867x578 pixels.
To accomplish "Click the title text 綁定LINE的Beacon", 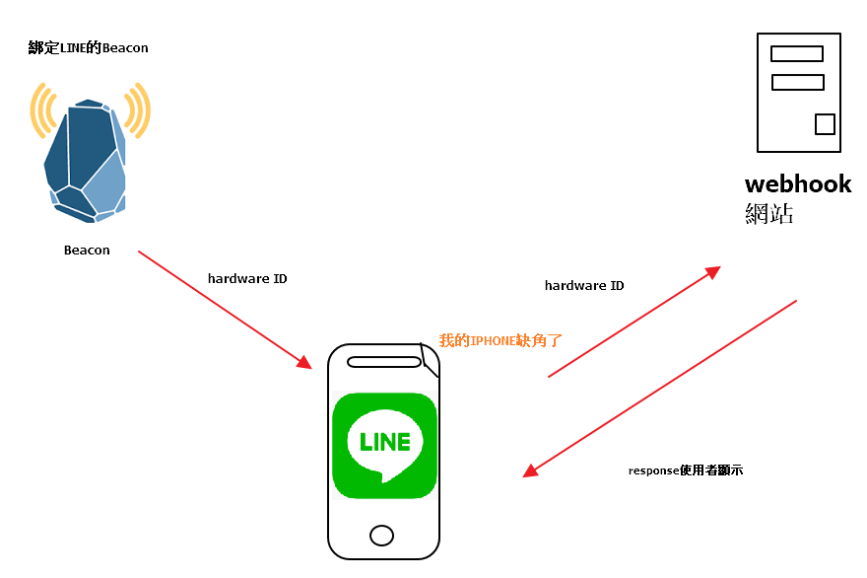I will pos(89,47).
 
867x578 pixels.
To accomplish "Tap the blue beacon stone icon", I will pos(85,158).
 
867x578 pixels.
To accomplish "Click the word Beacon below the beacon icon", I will pos(87,251).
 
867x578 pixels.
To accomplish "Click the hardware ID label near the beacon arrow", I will pos(247,279).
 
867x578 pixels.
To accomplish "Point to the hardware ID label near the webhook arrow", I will pos(584,286).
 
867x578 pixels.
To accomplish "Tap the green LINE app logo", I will pos(384,446).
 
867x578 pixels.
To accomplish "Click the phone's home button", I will pos(381,536).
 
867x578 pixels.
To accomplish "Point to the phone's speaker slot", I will pos(383,362).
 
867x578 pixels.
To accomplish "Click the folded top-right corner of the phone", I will pos(430,357).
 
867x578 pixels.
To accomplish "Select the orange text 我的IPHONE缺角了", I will pos(500,340).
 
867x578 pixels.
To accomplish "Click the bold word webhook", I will pos(798,184).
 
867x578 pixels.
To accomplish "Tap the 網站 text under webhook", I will pos(768,213).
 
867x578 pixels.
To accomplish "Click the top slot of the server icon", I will pos(797,54).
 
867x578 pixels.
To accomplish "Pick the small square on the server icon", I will pos(825,124).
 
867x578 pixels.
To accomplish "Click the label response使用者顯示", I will pos(685,471).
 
